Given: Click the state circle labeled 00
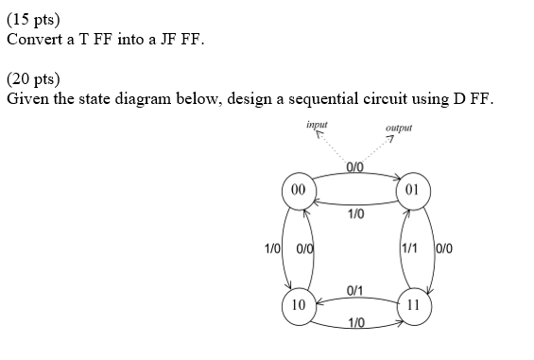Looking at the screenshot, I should point(299,189).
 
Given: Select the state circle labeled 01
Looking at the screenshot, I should point(412,189).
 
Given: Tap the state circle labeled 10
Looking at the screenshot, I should point(299,305).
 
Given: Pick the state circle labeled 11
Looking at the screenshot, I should point(412,305).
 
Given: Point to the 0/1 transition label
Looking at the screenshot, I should point(355,289).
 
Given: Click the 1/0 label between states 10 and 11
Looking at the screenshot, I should point(355,324).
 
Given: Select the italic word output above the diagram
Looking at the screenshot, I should point(399,128).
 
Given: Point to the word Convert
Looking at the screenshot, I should point(32,40).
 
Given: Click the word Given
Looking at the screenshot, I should point(26,101).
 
